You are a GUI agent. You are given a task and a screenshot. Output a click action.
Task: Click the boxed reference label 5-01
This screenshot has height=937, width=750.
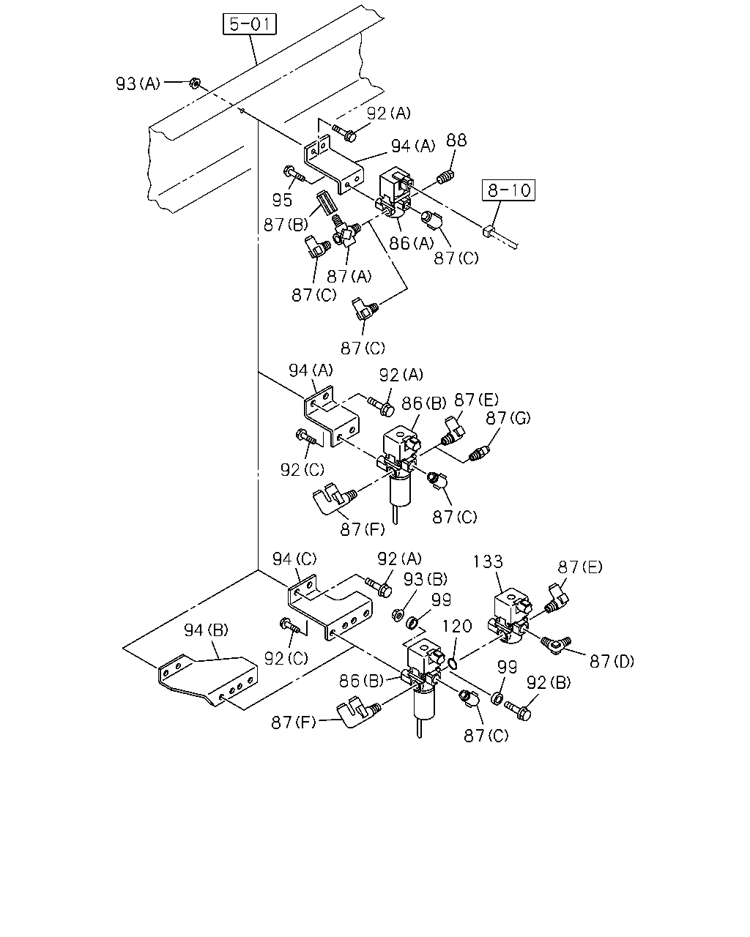coord(249,23)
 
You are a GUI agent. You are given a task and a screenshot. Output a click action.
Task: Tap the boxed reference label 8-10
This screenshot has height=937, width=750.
coord(508,190)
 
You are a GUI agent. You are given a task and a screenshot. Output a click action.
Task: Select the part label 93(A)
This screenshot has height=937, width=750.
coord(138,83)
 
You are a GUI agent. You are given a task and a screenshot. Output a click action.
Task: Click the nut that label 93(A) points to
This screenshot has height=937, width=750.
coord(194,82)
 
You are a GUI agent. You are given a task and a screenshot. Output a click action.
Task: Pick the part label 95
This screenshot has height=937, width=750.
coord(282,200)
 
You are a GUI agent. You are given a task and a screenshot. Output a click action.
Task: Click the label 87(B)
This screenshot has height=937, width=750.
coord(286,225)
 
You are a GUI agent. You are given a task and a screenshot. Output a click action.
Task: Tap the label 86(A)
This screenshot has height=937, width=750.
coord(411,243)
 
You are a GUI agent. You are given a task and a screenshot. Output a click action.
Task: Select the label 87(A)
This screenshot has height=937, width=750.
coord(349,276)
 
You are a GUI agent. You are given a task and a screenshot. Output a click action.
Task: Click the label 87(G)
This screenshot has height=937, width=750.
coord(508,418)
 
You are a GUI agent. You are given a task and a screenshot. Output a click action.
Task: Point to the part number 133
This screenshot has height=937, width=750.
coord(488,561)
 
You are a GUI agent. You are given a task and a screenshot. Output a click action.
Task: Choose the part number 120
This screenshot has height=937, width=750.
coord(457,626)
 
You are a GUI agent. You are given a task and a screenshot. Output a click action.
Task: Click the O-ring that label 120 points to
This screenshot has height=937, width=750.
coord(453,663)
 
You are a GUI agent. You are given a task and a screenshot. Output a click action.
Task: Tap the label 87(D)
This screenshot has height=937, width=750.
coord(612,661)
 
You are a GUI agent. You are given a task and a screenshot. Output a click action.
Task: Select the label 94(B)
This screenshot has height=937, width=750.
coord(206,630)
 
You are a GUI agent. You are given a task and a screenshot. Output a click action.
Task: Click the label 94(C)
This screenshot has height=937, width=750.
coord(294,559)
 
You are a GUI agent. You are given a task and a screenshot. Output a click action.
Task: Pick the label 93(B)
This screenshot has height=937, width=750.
coord(426,579)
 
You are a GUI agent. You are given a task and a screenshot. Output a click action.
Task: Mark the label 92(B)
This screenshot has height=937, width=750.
coord(549,682)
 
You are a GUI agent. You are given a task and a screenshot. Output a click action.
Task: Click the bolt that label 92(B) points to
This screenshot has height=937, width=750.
coord(518,711)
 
